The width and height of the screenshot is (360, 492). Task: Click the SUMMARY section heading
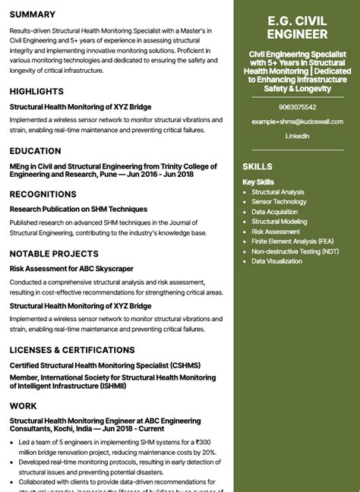pyautogui.click(x=33, y=14)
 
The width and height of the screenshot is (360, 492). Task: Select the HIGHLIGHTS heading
pyautogui.click(x=36, y=91)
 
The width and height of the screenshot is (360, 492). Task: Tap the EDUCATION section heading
pyautogui.click(x=36, y=151)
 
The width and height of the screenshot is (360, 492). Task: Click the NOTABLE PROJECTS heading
pyautogui.click(x=54, y=254)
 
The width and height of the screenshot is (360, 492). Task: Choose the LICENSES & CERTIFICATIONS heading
pyautogui.click(x=72, y=350)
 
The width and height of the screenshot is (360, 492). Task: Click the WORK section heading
pyautogui.click(x=24, y=406)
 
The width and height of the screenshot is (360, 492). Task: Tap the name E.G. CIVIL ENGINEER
pyautogui.click(x=297, y=27)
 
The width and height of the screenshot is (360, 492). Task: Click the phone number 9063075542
pyautogui.click(x=297, y=107)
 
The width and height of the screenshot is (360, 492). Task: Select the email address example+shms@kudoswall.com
pyautogui.click(x=297, y=121)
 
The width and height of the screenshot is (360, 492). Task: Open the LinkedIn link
pyautogui.click(x=297, y=136)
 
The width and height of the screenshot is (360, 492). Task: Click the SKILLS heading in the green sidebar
pyautogui.click(x=257, y=166)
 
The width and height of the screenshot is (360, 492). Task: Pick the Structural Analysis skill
pyautogui.click(x=278, y=192)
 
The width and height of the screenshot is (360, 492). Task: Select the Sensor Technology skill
pyautogui.click(x=279, y=202)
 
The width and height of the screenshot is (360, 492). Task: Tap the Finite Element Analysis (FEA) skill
pyautogui.click(x=292, y=241)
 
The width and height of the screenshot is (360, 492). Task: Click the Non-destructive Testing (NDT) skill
pyautogui.click(x=295, y=251)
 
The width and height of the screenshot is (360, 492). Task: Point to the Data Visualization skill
pyautogui.click(x=277, y=261)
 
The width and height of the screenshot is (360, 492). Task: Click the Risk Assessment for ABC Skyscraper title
pyautogui.click(x=71, y=268)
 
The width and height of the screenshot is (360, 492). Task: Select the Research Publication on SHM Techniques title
pyautogui.click(x=78, y=209)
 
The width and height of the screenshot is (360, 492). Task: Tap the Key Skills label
pyautogui.click(x=258, y=182)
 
